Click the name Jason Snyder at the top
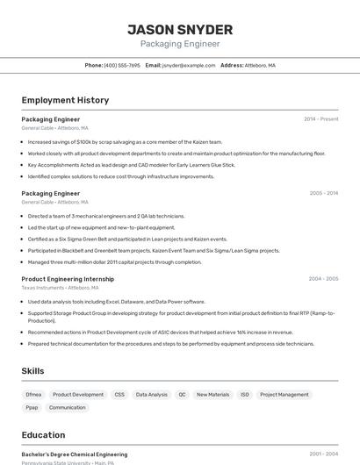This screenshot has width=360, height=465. (180, 29)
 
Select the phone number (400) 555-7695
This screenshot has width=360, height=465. (122, 65)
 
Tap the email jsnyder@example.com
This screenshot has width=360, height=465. (189, 65)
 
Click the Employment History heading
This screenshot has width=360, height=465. (65, 101)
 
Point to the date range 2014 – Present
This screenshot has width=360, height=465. (320, 118)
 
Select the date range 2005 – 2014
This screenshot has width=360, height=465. (324, 193)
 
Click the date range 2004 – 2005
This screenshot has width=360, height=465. (323, 279)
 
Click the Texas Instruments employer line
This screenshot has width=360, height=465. (60, 288)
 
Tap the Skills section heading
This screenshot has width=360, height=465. (33, 371)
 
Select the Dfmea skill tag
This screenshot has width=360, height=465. (33, 395)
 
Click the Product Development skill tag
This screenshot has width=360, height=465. (78, 395)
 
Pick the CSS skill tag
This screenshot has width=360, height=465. (119, 395)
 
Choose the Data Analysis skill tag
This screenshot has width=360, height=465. (151, 395)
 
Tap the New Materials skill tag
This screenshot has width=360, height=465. (212, 395)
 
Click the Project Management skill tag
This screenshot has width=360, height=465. (284, 395)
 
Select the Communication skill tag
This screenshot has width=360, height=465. (68, 408)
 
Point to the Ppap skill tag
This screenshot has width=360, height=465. (32, 408)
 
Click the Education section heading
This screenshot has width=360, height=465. (43, 435)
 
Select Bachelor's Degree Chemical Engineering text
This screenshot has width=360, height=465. (75, 454)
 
